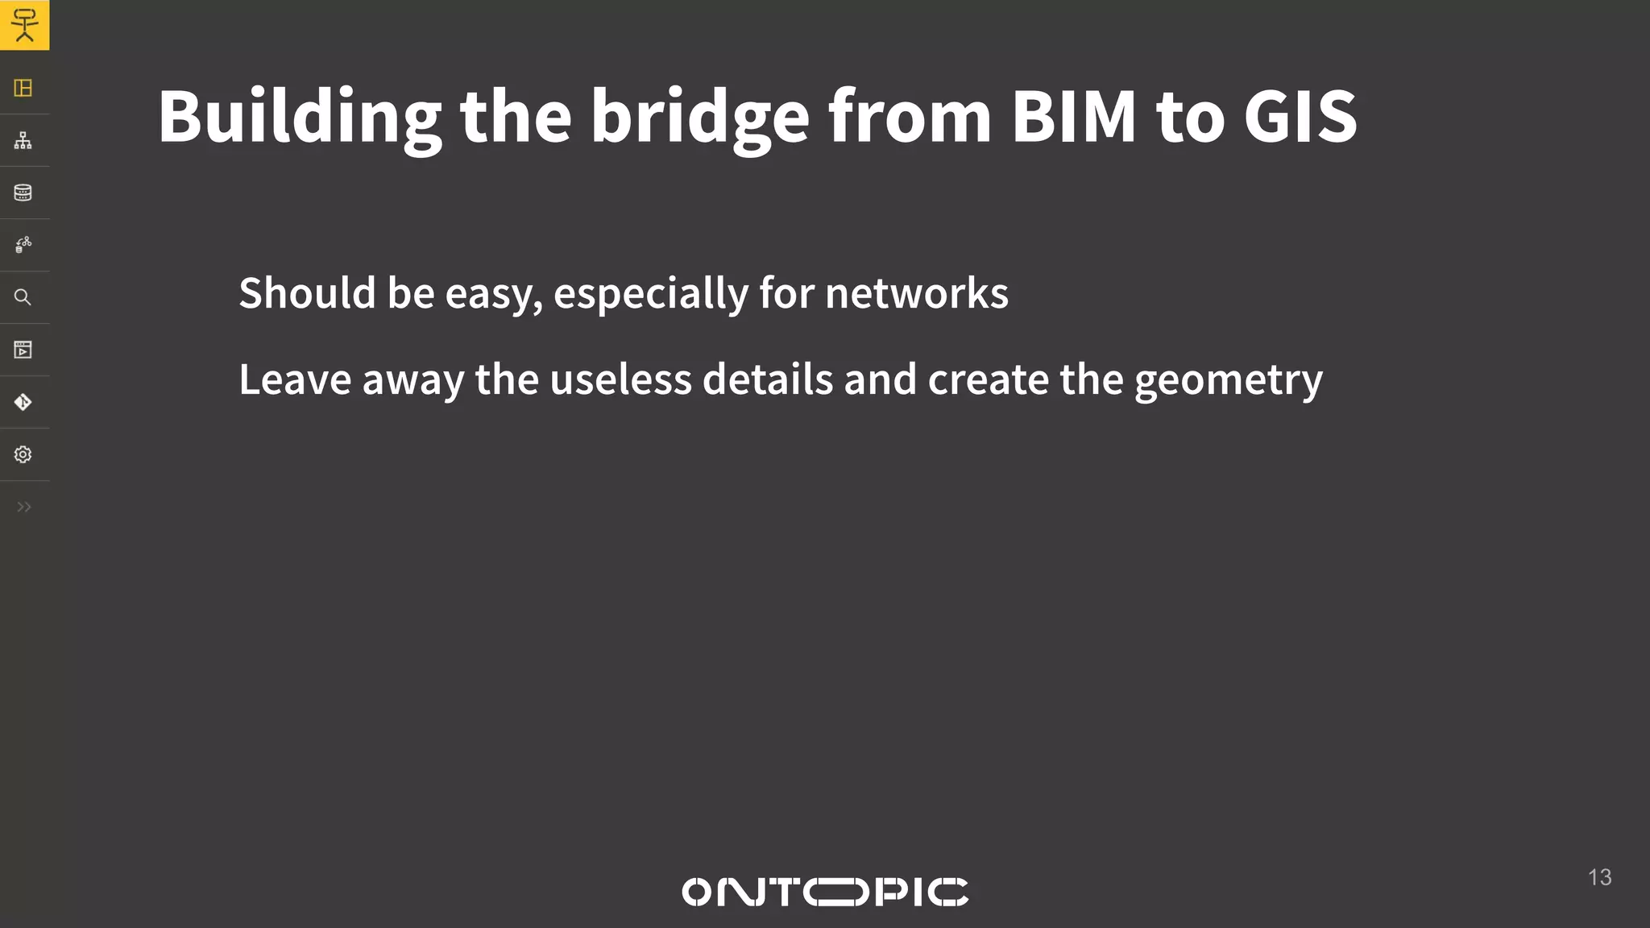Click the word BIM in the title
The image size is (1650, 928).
tap(1073, 118)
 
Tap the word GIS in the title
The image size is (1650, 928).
tap(1300, 118)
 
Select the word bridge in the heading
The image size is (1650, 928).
tap(699, 118)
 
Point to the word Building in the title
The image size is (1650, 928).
tap(299, 118)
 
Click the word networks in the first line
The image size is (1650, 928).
tap(916, 292)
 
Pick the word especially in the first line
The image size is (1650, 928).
tap(651, 294)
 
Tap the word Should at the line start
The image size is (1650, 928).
tap(307, 292)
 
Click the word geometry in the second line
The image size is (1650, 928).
tap(1228, 381)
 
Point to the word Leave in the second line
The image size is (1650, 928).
tap(295, 379)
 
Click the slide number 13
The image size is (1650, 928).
tap(1599, 877)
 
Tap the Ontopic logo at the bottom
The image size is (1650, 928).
tap(825, 892)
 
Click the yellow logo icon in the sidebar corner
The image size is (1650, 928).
tap(24, 25)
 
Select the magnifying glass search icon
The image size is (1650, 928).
tap(23, 297)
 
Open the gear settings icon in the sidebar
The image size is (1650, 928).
tap(23, 454)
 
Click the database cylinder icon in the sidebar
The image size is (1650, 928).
tap(23, 193)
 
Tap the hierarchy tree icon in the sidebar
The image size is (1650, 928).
tap(23, 140)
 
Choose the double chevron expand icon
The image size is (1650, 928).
tap(24, 507)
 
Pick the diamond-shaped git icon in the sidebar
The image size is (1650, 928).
tap(23, 402)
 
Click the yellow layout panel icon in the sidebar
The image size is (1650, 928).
tap(23, 88)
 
